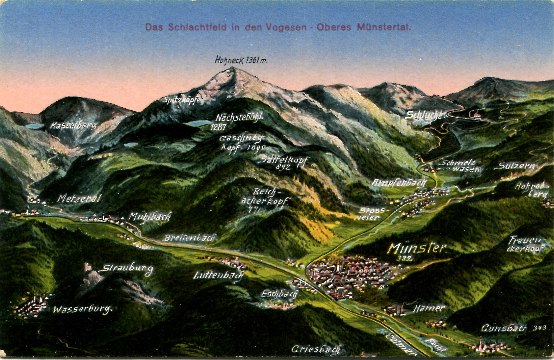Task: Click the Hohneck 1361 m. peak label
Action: (236, 61)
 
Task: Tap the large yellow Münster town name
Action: (417, 249)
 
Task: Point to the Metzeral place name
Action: (79, 199)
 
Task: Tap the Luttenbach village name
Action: (218, 276)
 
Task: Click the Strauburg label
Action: (128, 268)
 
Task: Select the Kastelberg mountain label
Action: (74, 126)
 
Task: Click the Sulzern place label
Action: (516, 166)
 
